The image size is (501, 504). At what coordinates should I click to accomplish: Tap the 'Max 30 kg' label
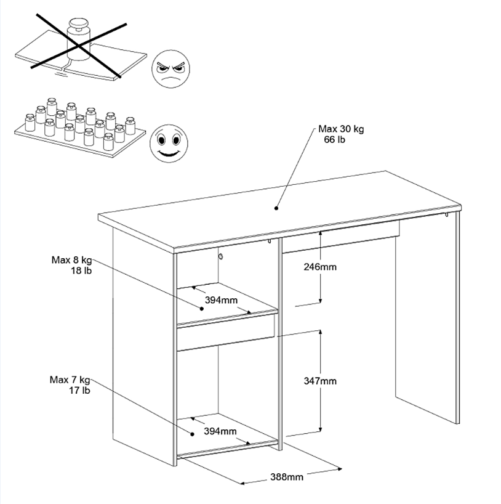[x=341, y=129]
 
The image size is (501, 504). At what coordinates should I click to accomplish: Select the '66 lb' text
[x=334, y=140]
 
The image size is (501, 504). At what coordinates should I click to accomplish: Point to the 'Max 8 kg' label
[x=71, y=259]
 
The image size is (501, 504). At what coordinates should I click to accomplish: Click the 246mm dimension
[x=320, y=267]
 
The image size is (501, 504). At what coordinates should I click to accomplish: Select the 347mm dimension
[x=320, y=381]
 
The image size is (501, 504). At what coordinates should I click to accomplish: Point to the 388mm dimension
[x=287, y=476]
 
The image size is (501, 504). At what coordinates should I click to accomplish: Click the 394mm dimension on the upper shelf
[x=221, y=301]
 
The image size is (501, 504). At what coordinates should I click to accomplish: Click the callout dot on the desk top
[x=276, y=208]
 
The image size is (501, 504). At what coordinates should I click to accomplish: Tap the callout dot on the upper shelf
[x=201, y=307]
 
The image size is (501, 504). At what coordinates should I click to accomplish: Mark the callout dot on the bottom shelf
[x=193, y=433]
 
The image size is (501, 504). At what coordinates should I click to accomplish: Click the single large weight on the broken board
[x=78, y=34]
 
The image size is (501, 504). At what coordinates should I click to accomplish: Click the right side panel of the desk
[x=427, y=320]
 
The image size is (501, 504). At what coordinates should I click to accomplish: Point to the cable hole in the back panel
[x=219, y=256]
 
